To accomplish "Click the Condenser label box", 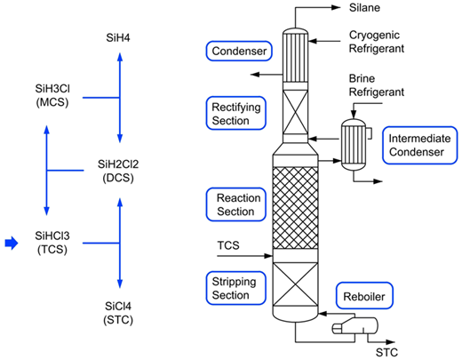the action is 239,51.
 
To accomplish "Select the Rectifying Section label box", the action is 236,113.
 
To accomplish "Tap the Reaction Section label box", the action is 236,204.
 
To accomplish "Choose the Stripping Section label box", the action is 236,288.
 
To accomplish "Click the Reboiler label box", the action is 364,296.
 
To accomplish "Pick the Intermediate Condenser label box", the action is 419,145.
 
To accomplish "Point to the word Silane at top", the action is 364,8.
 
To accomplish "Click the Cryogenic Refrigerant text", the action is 377,42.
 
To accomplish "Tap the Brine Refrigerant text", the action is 377,85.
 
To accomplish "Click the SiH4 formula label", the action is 118,37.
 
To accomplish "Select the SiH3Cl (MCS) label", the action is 52,95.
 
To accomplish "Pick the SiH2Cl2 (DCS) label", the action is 118,171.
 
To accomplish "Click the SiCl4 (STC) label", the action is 118,313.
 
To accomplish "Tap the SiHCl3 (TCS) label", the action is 52,243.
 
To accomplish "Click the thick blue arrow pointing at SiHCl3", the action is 12,243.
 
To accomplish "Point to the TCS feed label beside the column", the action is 228,245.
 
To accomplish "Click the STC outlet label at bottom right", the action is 386,352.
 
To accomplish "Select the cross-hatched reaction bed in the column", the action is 295,208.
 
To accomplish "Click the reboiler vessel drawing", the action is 355,326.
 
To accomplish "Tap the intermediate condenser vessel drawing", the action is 354,144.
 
